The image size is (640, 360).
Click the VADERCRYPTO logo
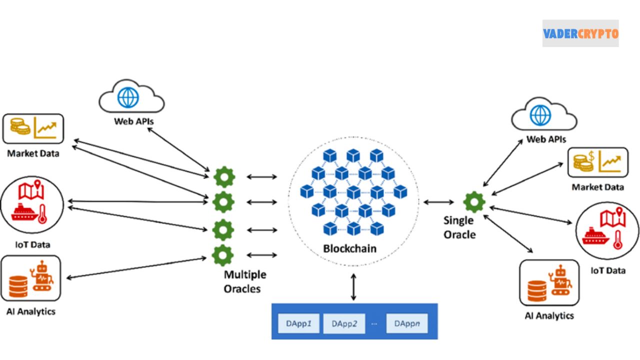(x=580, y=33)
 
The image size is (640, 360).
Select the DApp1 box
(x=298, y=323)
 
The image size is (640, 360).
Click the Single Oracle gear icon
(x=473, y=202)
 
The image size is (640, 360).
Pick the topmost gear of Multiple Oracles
(x=223, y=177)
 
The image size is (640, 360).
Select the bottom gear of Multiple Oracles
(x=222, y=255)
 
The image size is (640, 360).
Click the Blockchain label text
(x=349, y=248)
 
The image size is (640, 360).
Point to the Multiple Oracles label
(x=245, y=281)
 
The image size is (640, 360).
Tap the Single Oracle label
(x=459, y=227)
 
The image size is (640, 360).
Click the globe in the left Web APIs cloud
(x=128, y=97)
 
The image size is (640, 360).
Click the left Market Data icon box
(x=33, y=128)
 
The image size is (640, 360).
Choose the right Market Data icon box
(x=597, y=162)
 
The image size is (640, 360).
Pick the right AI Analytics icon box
(x=549, y=282)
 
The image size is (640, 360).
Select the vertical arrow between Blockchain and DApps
(x=353, y=287)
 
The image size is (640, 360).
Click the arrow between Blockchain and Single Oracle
(x=438, y=202)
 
